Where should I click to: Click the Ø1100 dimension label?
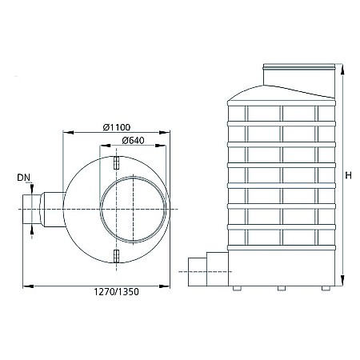(x=117, y=127)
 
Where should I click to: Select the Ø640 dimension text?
(x=133, y=140)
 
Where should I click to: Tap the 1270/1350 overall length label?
(x=116, y=292)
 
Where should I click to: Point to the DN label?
(x=24, y=178)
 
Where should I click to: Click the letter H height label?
(x=348, y=175)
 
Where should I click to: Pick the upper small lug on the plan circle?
(x=116, y=162)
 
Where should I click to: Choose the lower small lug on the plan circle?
(x=116, y=256)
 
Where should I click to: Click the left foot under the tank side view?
(x=237, y=288)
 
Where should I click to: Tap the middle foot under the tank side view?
(x=282, y=288)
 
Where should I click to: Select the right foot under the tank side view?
(x=326, y=288)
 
